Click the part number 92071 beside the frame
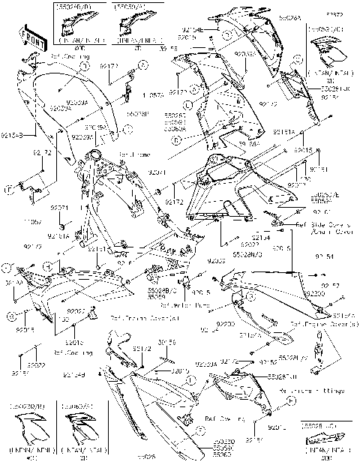(x=157, y=172)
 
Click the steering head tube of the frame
(x=93, y=158)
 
